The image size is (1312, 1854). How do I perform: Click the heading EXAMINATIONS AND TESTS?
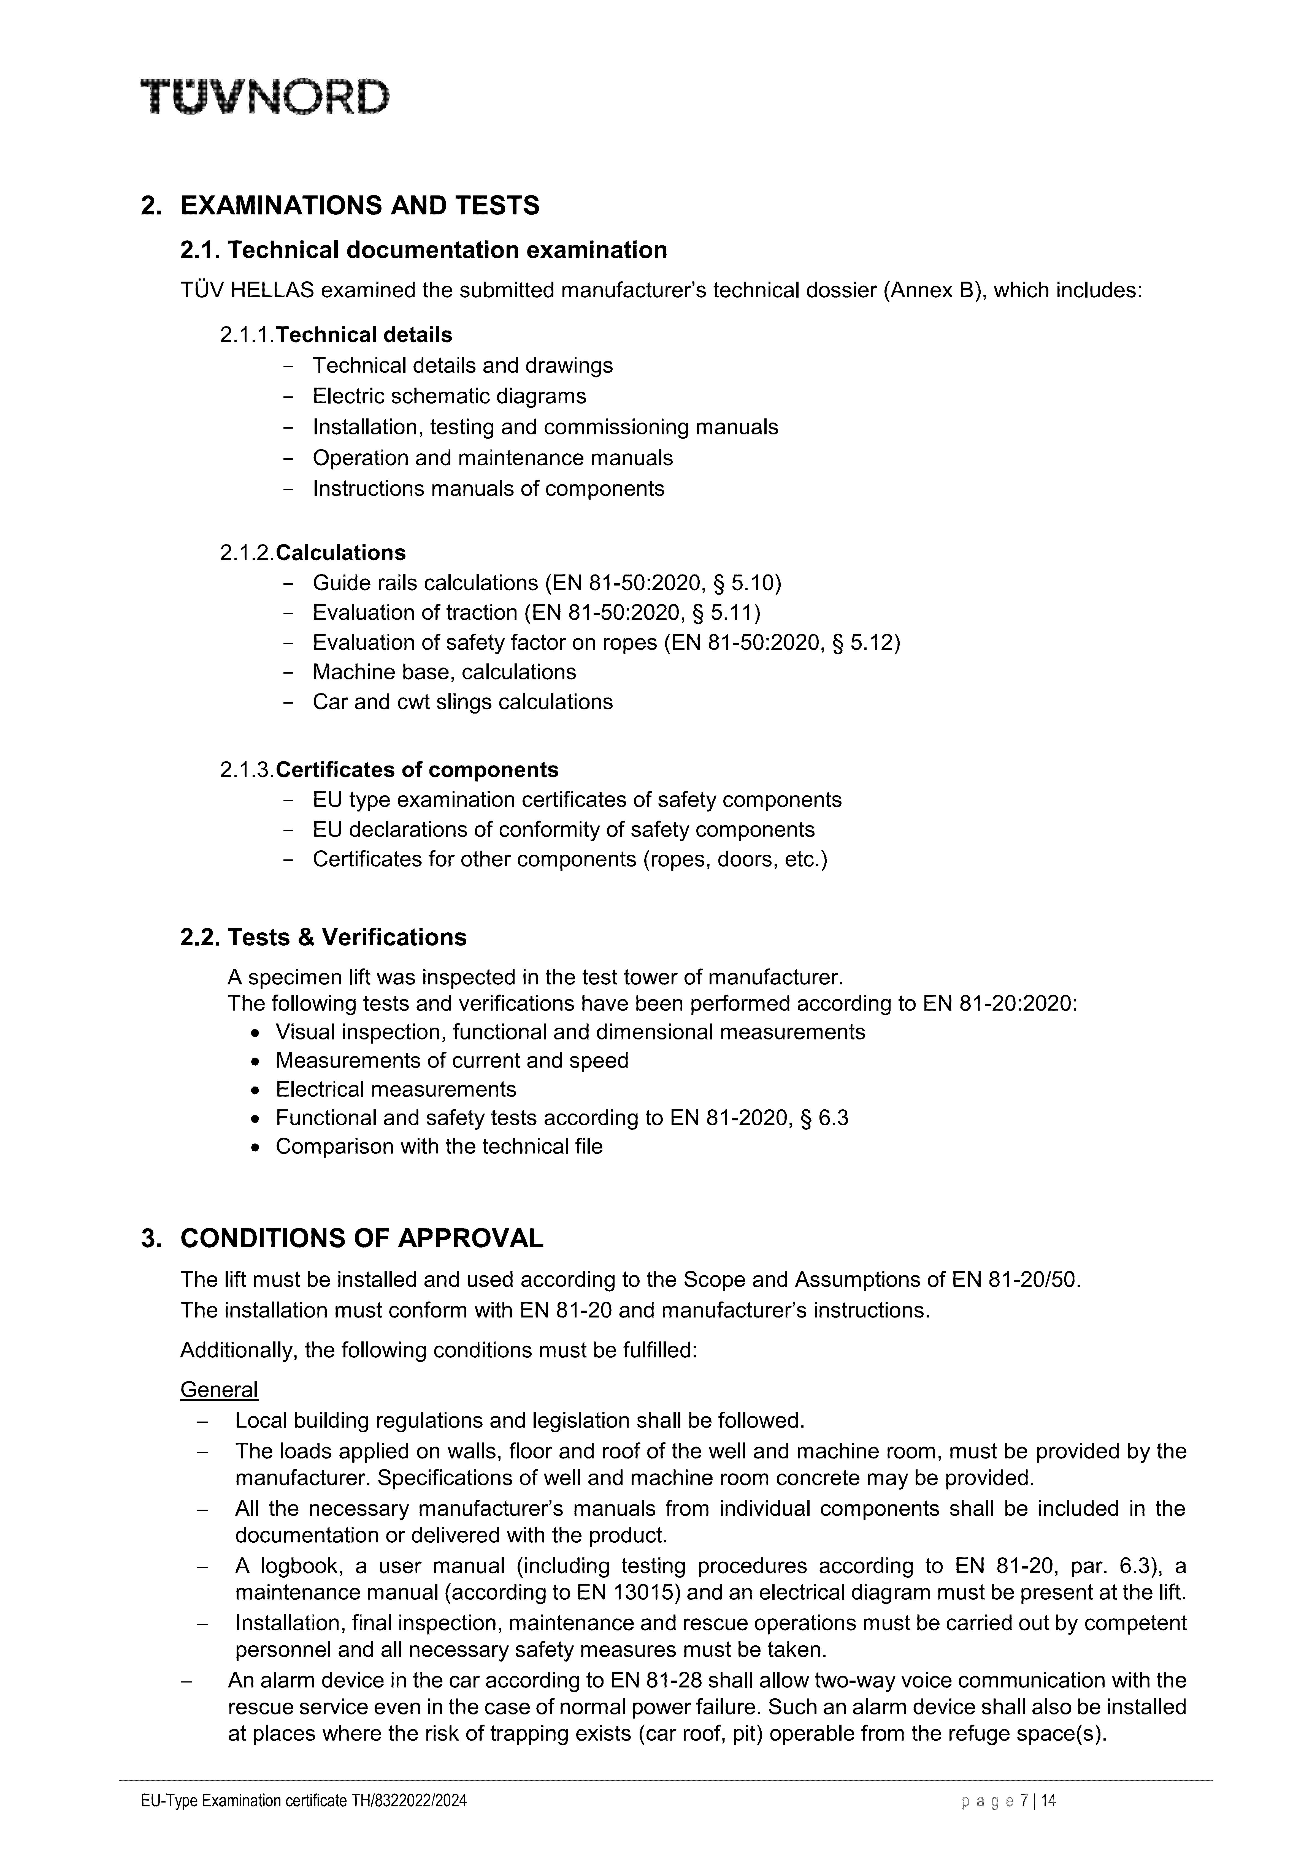[359, 206]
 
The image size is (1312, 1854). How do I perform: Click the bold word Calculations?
[341, 553]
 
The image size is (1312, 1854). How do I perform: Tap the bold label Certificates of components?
[417, 769]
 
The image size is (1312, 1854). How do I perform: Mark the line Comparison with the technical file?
[439, 1147]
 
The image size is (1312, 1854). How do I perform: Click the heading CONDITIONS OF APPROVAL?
[361, 1239]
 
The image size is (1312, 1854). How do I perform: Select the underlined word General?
[219, 1390]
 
